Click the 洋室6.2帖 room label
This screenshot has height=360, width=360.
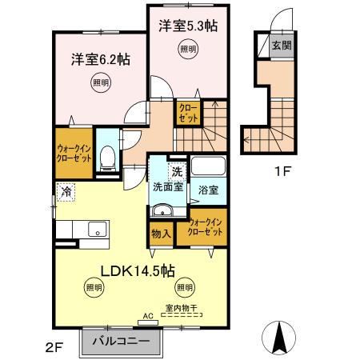[x=101, y=59]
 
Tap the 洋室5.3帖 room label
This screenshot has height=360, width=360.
[x=187, y=26]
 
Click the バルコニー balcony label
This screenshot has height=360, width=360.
[x=119, y=341]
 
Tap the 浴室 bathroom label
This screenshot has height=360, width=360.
[x=209, y=190]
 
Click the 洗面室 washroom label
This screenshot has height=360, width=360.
[x=168, y=187]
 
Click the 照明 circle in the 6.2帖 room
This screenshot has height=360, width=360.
[x=98, y=82]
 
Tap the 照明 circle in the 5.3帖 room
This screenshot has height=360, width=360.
[x=187, y=49]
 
